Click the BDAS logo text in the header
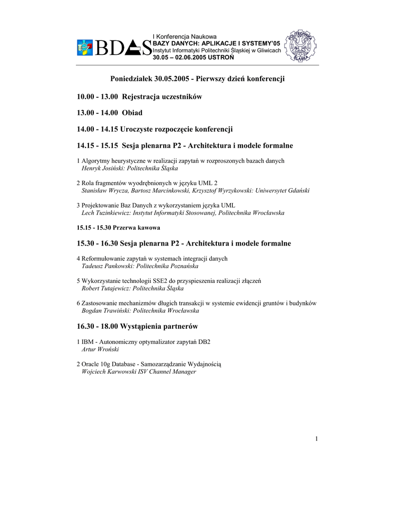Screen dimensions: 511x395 [x=123, y=48]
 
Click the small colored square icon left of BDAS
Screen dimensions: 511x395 [x=84, y=48]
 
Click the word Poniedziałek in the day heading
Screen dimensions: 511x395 [x=131, y=79]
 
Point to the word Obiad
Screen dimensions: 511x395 [x=132, y=113]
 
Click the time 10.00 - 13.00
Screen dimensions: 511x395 [x=97, y=96]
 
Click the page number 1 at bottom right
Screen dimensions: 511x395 [x=317, y=439]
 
